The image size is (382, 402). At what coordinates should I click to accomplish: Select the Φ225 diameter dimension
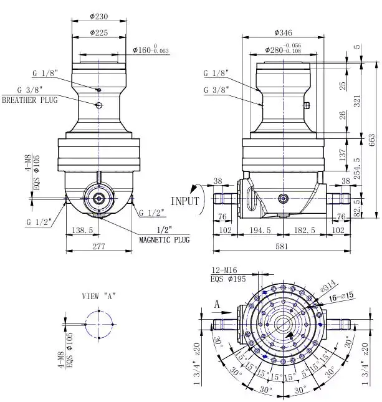(100, 32)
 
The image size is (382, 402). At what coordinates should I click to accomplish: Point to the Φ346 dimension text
(284, 32)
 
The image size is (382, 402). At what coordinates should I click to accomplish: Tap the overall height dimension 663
(372, 140)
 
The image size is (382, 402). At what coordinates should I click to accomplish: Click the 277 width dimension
(99, 247)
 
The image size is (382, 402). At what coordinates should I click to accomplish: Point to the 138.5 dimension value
(82, 231)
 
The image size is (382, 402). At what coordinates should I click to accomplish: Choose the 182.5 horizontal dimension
(303, 231)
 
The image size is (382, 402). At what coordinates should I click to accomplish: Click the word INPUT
(184, 201)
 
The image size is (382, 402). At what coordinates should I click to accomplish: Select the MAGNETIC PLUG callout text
(164, 240)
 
